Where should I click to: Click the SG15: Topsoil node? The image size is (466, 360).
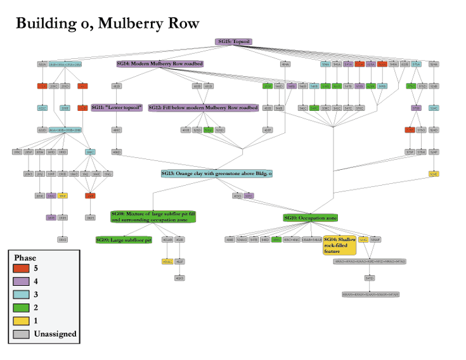pos(234,42)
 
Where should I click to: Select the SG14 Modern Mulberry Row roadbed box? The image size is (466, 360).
pos(160,64)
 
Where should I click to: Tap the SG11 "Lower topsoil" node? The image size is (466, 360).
pos(117,108)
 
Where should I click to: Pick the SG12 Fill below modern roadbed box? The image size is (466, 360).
pos(203,108)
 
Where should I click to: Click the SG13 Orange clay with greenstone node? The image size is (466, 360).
pos(216,173)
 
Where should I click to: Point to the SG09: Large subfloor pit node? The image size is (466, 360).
pos(124,240)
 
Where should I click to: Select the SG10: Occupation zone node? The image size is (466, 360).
pos(310,218)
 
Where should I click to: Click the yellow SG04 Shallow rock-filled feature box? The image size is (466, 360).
pos(339,245)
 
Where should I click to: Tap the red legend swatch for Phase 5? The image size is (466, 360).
pos(21,268)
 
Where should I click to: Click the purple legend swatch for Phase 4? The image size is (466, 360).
pos(21,281)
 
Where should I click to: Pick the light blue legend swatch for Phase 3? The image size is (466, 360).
pos(21,295)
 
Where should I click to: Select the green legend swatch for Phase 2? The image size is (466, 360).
pos(21,307)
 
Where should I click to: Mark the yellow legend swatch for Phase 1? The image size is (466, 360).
pos(21,321)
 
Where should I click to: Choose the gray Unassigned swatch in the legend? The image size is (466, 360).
pos(21,334)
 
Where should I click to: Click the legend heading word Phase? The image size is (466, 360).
pos(25,258)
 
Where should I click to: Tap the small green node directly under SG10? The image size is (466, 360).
pos(276,240)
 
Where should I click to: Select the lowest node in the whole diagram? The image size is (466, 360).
pos(370,295)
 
